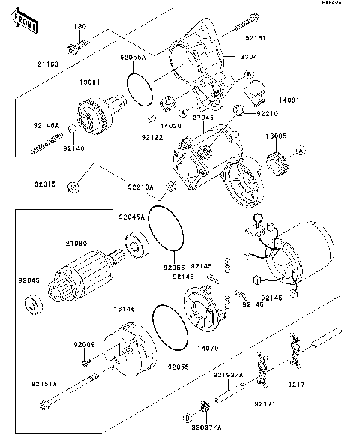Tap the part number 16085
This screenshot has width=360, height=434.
click(277, 136)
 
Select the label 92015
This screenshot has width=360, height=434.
click(45, 182)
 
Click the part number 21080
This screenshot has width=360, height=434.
click(78, 243)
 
